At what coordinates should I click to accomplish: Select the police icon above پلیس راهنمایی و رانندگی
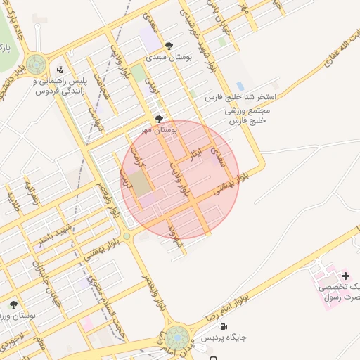60,69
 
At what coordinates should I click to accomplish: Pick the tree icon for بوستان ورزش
13,304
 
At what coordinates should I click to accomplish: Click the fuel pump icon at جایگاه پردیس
224,326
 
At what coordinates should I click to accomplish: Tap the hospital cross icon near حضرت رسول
345,274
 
